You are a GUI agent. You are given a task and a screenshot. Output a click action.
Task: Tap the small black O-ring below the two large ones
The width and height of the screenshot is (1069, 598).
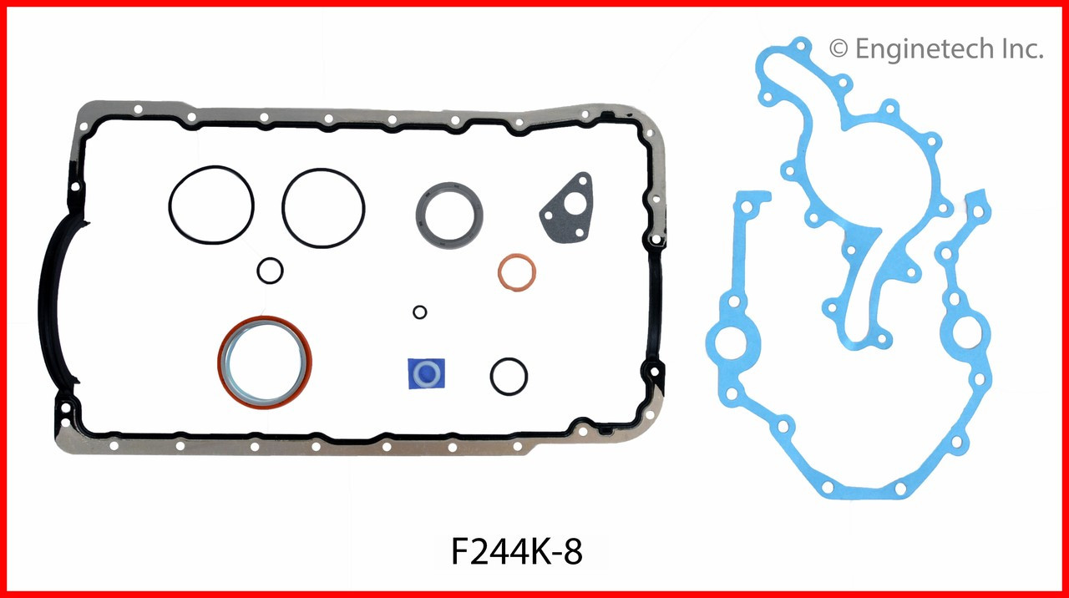coord(270,271)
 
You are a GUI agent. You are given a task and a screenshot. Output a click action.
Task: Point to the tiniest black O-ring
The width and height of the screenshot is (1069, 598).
coord(420,312)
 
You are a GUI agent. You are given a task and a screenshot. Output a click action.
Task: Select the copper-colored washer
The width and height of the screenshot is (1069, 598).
coord(517,273)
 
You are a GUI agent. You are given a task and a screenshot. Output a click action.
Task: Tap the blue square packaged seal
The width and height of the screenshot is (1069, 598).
coord(426,373)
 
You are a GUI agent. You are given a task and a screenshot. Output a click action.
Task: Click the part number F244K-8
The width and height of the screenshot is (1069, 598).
coord(516,552)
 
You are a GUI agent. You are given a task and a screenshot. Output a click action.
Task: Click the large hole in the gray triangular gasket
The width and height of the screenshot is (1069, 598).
coord(573,204)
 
